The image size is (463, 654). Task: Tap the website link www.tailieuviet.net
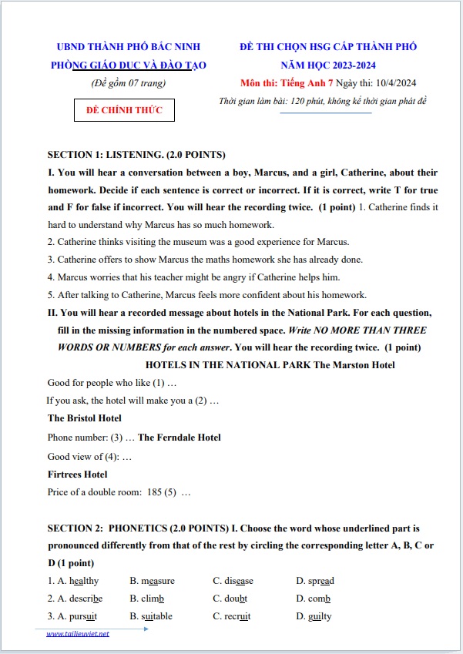78,634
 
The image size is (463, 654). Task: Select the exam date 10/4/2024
398,83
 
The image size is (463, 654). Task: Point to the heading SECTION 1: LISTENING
116,154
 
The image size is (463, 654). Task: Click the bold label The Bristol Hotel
85,418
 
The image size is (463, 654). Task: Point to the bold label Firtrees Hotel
78,475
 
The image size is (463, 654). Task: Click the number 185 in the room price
155,492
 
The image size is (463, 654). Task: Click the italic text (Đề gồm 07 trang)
128,83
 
